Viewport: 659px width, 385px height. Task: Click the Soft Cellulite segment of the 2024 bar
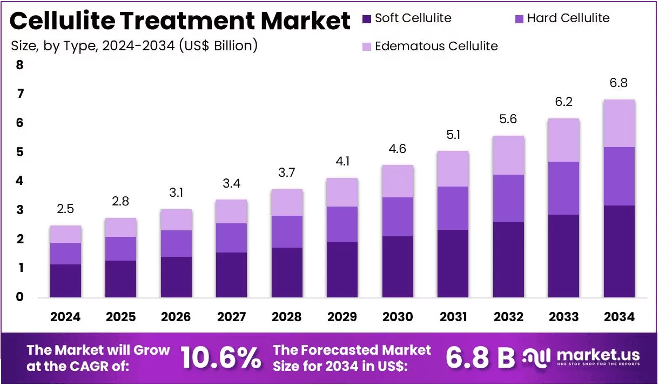coord(65,281)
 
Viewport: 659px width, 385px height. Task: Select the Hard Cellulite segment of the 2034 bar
coord(619,176)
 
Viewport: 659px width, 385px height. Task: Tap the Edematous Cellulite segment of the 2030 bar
coord(398,181)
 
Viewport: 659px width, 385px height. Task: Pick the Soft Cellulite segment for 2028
coord(287,273)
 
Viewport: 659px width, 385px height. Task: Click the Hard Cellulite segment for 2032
coord(508,198)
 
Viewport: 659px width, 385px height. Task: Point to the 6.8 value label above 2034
coord(618,83)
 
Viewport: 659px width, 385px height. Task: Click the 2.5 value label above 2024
coord(65,209)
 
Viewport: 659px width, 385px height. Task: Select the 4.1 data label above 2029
coord(343,162)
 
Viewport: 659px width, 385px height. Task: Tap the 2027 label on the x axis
coord(232,317)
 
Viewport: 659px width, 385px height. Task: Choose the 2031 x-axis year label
coord(453,317)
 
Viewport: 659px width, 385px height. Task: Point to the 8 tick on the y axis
coord(19,65)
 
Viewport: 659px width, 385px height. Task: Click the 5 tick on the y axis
coord(19,152)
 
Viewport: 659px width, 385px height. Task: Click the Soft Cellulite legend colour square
coord(367,19)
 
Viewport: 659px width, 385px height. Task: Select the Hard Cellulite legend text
coord(568,18)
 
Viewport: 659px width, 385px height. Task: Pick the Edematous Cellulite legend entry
coord(430,46)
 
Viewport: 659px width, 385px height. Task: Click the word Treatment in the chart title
coord(187,21)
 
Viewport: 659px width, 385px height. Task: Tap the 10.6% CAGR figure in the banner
coord(220,357)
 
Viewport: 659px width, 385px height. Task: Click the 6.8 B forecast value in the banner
coord(480,357)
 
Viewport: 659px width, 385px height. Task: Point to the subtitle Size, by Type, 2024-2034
coord(93,46)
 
